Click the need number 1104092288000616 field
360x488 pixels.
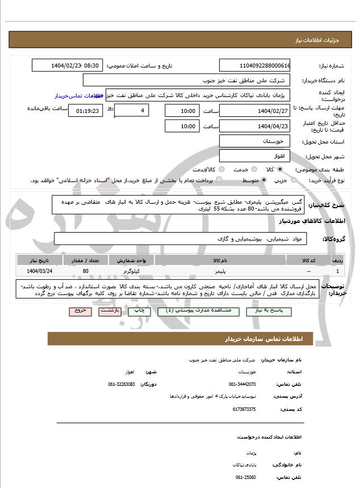click(255, 65)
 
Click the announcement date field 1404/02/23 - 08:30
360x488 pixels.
click(67, 65)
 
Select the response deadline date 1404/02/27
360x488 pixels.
click(255, 110)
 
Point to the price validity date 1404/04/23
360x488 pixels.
click(255, 126)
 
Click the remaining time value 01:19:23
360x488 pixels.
click(86, 111)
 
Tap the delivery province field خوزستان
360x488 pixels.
click(255, 141)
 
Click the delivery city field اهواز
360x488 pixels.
click(255, 155)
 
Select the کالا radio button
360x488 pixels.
click(279, 169)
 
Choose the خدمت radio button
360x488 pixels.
click(253, 169)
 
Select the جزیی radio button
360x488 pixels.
click(294, 180)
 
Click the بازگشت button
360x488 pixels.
click(108, 312)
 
